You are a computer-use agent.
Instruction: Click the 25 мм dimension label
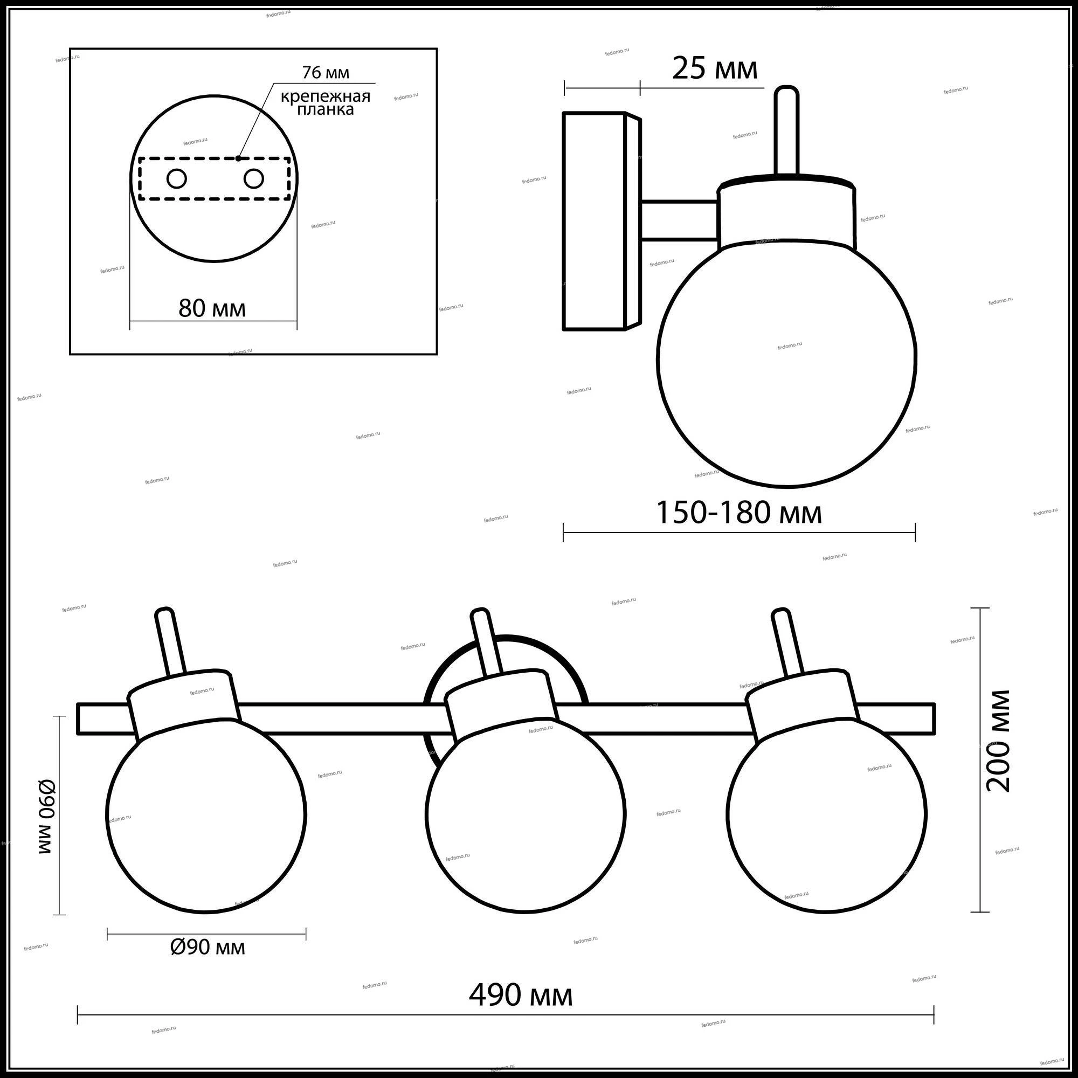click(715, 69)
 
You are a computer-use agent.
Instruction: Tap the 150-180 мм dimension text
click(739, 513)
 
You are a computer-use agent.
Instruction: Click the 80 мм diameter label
click(212, 308)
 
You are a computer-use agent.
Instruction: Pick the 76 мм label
click(326, 73)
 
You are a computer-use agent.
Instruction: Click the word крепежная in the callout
click(326, 96)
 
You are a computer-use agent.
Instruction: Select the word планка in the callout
click(326, 109)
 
